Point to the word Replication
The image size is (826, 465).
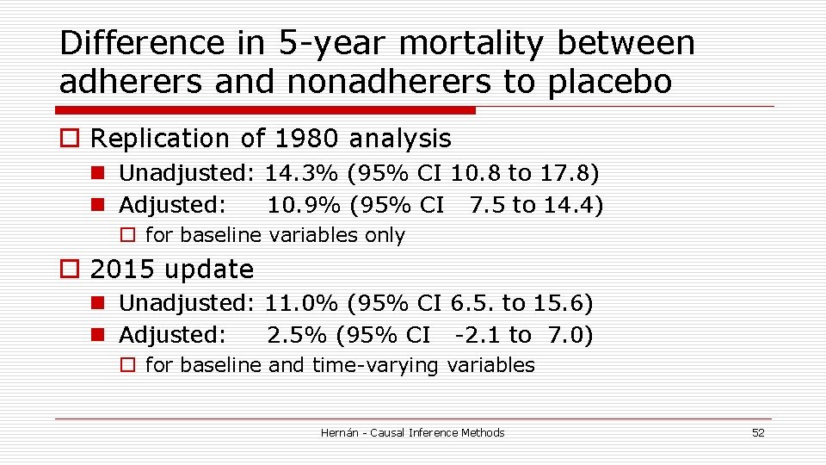coord(161,139)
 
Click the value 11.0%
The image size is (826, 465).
coord(302,303)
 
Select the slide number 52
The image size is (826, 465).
coord(757,432)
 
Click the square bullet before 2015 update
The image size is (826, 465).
coord(69,270)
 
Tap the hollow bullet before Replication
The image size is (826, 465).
coord(69,139)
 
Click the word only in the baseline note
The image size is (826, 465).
coord(385,235)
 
